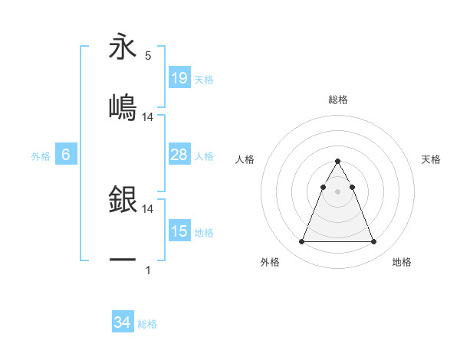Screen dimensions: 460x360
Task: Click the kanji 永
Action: (123, 47)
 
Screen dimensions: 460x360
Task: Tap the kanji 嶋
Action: (123, 106)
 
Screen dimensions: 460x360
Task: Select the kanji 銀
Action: (123, 200)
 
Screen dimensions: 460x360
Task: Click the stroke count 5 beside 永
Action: (148, 56)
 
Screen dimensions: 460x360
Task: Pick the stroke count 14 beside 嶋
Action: (148, 116)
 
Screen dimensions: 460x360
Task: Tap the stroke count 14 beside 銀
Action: (148, 208)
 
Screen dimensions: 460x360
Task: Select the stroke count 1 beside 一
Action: (148, 270)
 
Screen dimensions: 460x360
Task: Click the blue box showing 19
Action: (179, 77)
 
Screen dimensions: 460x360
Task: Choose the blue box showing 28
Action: (179, 155)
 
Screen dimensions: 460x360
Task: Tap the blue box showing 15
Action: (179, 231)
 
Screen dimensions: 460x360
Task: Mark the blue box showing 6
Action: (66, 155)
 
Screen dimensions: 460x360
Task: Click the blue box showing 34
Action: (123, 322)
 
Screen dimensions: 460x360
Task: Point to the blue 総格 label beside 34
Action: (147, 324)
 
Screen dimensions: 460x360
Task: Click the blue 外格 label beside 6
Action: (41, 156)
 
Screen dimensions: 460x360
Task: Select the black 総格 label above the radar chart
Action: (338, 100)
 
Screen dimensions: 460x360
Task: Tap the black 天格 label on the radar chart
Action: (432, 159)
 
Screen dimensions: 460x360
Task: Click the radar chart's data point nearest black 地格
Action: (373, 242)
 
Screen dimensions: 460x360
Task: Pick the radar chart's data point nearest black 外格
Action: (302, 242)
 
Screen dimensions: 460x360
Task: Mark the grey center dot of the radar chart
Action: (338, 192)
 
